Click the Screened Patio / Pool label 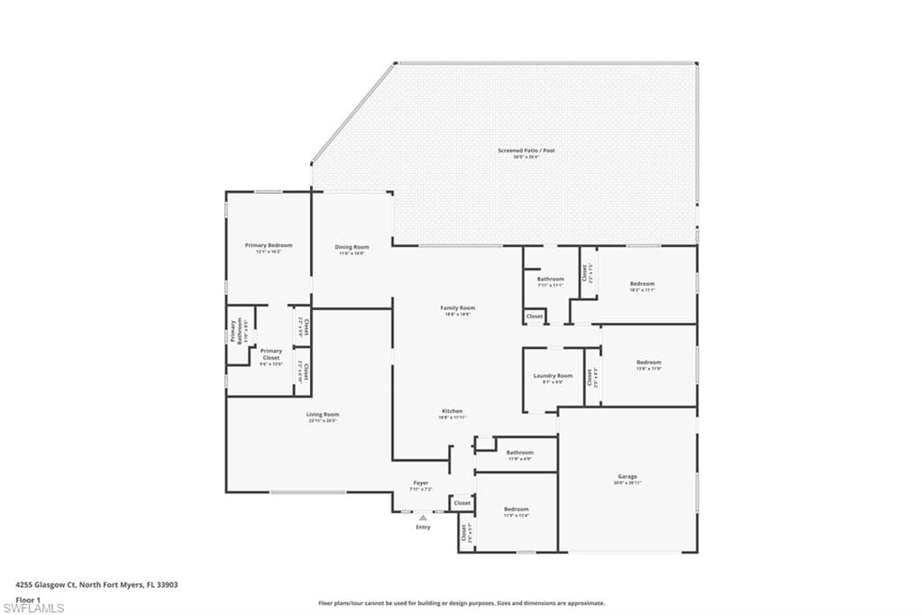527,151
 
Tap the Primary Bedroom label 269,245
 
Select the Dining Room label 352,247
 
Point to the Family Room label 458,308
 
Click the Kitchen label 451,411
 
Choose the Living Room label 322,415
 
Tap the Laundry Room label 553,376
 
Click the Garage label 627,477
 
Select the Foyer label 421,483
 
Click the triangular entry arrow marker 423,518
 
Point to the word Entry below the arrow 423,528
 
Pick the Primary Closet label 271,354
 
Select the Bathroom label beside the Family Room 551,280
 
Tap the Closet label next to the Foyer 461,503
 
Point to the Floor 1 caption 29,599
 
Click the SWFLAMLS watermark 32,609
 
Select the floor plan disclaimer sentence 461,603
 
